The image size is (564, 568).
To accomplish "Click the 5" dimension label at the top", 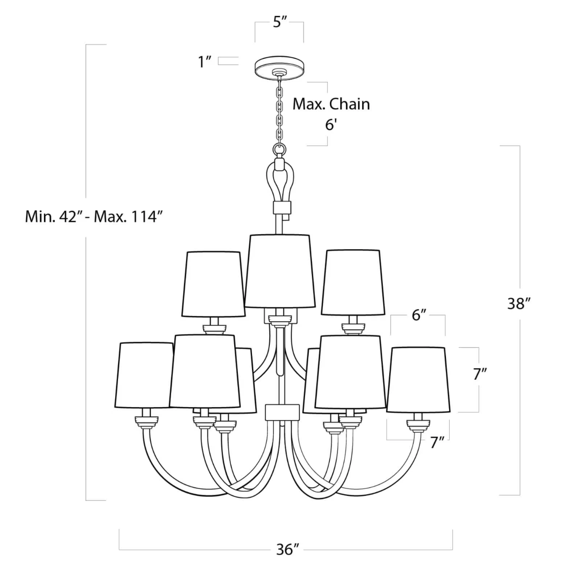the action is (x=280, y=22).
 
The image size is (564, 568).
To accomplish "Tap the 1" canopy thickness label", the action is (x=205, y=62).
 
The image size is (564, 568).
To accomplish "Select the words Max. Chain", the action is (x=331, y=104).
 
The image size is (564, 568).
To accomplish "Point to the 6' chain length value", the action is (x=331, y=125).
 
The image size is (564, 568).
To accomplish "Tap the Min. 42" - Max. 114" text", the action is (x=94, y=217).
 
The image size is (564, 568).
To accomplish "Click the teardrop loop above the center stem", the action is (x=279, y=181).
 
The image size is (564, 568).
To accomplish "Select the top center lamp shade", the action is (x=280, y=271).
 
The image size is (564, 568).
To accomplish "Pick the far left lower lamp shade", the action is (x=143, y=375).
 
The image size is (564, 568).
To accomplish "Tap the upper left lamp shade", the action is (x=213, y=284).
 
